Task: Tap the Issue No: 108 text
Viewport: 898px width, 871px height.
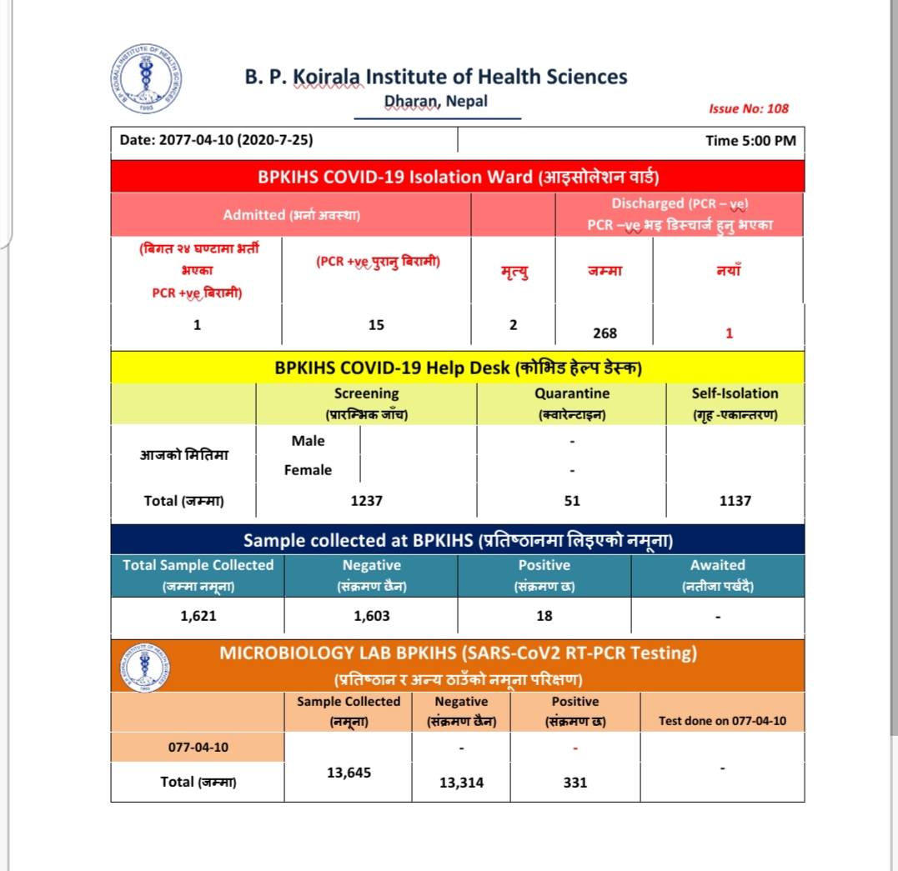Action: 748,108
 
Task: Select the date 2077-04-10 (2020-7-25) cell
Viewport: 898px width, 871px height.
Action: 217,140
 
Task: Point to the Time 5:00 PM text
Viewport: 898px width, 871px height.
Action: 750,140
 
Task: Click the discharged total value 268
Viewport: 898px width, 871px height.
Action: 605,333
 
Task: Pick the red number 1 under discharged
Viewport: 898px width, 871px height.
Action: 729,333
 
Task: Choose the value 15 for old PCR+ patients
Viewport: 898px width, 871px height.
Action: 376,325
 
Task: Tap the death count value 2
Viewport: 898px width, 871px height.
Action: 513,325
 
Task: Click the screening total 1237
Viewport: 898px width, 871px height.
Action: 366,501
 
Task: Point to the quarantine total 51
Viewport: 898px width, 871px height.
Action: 572,501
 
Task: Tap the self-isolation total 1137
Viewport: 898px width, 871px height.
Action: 735,501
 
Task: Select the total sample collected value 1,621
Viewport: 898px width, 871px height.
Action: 198,617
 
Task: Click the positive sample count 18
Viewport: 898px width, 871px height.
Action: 544,617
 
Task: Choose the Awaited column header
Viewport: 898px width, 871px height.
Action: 717,574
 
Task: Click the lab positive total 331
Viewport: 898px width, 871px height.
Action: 574,783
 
